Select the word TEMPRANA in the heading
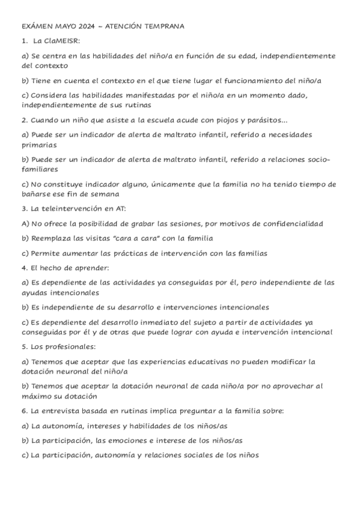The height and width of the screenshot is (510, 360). click(163, 26)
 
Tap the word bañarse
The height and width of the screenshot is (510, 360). click(38, 194)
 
